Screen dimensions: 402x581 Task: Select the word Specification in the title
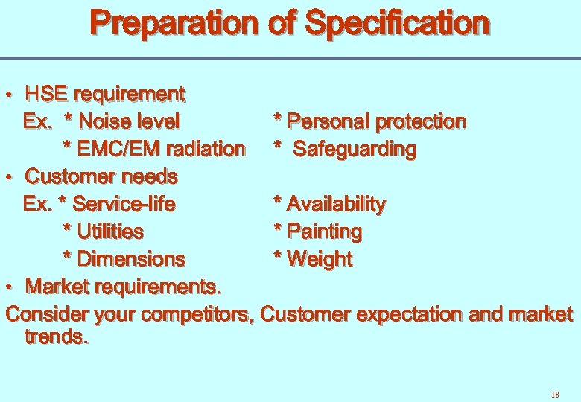(x=398, y=24)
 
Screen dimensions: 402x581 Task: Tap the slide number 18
(x=554, y=394)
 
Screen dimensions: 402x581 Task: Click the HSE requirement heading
(x=105, y=95)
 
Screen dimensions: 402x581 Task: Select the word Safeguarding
(x=355, y=149)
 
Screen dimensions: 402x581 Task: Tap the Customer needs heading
(x=101, y=177)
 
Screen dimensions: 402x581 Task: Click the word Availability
(x=336, y=204)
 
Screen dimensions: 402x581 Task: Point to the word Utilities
(x=110, y=232)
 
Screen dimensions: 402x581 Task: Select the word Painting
(x=324, y=232)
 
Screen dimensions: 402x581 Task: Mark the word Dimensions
(x=131, y=259)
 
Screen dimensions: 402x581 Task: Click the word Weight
(x=320, y=259)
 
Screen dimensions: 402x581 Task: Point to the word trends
(x=57, y=336)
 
